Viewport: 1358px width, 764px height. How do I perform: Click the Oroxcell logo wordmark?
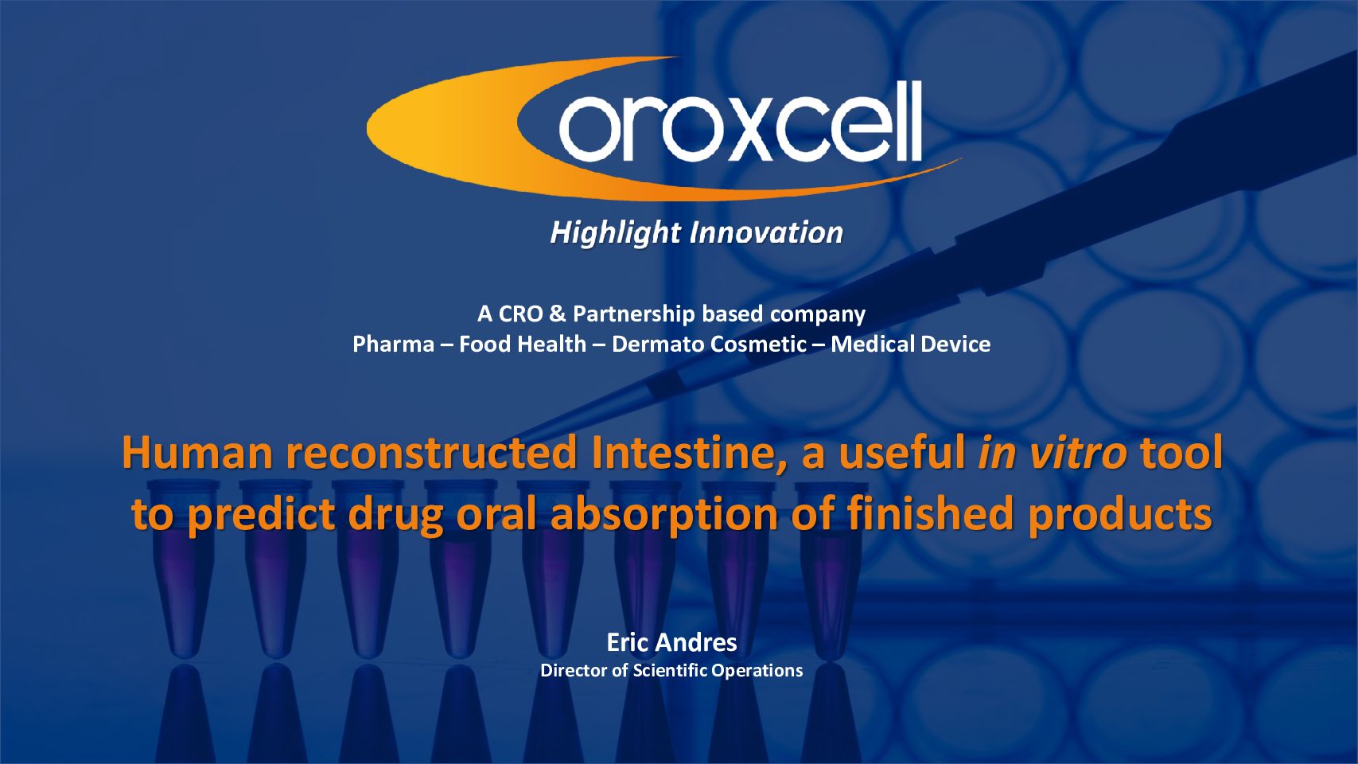point(740,122)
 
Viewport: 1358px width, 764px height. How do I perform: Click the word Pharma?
point(394,345)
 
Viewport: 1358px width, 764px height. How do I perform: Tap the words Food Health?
point(523,345)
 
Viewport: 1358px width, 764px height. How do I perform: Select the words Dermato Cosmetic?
point(710,345)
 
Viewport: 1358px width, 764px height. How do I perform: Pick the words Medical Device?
point(911,345)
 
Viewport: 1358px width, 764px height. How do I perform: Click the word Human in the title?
point(197,452)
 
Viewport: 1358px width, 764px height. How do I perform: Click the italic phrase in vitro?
point(1053,452)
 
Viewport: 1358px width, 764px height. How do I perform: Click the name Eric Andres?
point(671,643)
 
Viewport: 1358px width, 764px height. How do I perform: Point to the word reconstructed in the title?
point(432,452)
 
